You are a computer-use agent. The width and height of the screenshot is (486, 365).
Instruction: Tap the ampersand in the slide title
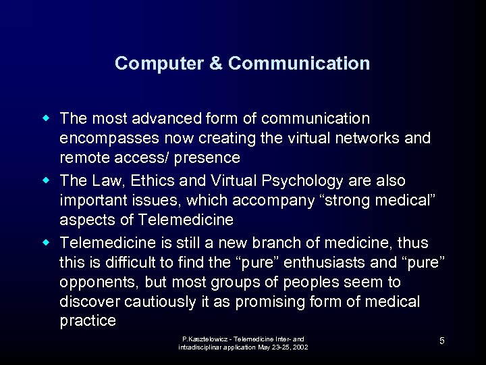point(215,64)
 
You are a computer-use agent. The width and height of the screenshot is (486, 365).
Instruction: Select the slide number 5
point(441,341)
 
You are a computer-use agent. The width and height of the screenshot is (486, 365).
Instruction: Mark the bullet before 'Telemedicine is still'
point(47,241)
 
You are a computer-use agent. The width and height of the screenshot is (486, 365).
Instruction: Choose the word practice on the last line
point(88,321)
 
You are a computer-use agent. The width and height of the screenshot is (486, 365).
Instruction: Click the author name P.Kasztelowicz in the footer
point(203,338)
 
